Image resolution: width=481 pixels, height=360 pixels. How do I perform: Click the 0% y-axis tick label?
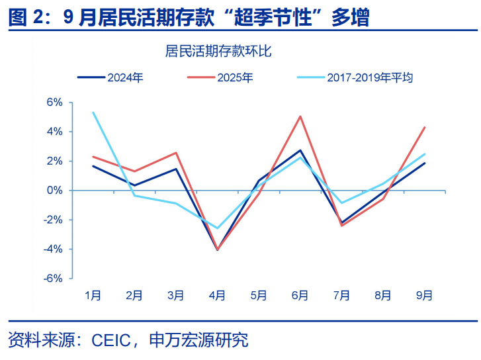(x=54, y=191)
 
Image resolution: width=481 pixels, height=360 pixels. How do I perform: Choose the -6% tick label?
(x=53, y=279)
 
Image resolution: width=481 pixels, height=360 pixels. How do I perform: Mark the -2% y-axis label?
(x=53, y=220)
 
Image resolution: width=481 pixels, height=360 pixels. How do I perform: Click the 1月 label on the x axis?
(x=93, y=296)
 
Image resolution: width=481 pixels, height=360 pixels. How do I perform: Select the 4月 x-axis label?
(x=217, y=296)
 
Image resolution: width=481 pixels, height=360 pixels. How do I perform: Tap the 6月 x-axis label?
(x=300, y=296)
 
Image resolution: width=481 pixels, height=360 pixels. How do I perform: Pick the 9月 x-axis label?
(x=424, y=296)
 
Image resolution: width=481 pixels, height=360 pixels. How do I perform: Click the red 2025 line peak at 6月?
(x=300, y=116)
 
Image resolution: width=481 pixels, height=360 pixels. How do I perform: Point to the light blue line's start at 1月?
(x=94, y=112)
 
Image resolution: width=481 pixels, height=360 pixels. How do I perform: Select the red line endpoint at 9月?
(x=424, y=127)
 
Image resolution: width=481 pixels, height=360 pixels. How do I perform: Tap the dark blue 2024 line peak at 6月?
(x=300, y=150)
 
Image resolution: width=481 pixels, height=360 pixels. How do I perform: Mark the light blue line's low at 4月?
(x=218, y=228)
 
